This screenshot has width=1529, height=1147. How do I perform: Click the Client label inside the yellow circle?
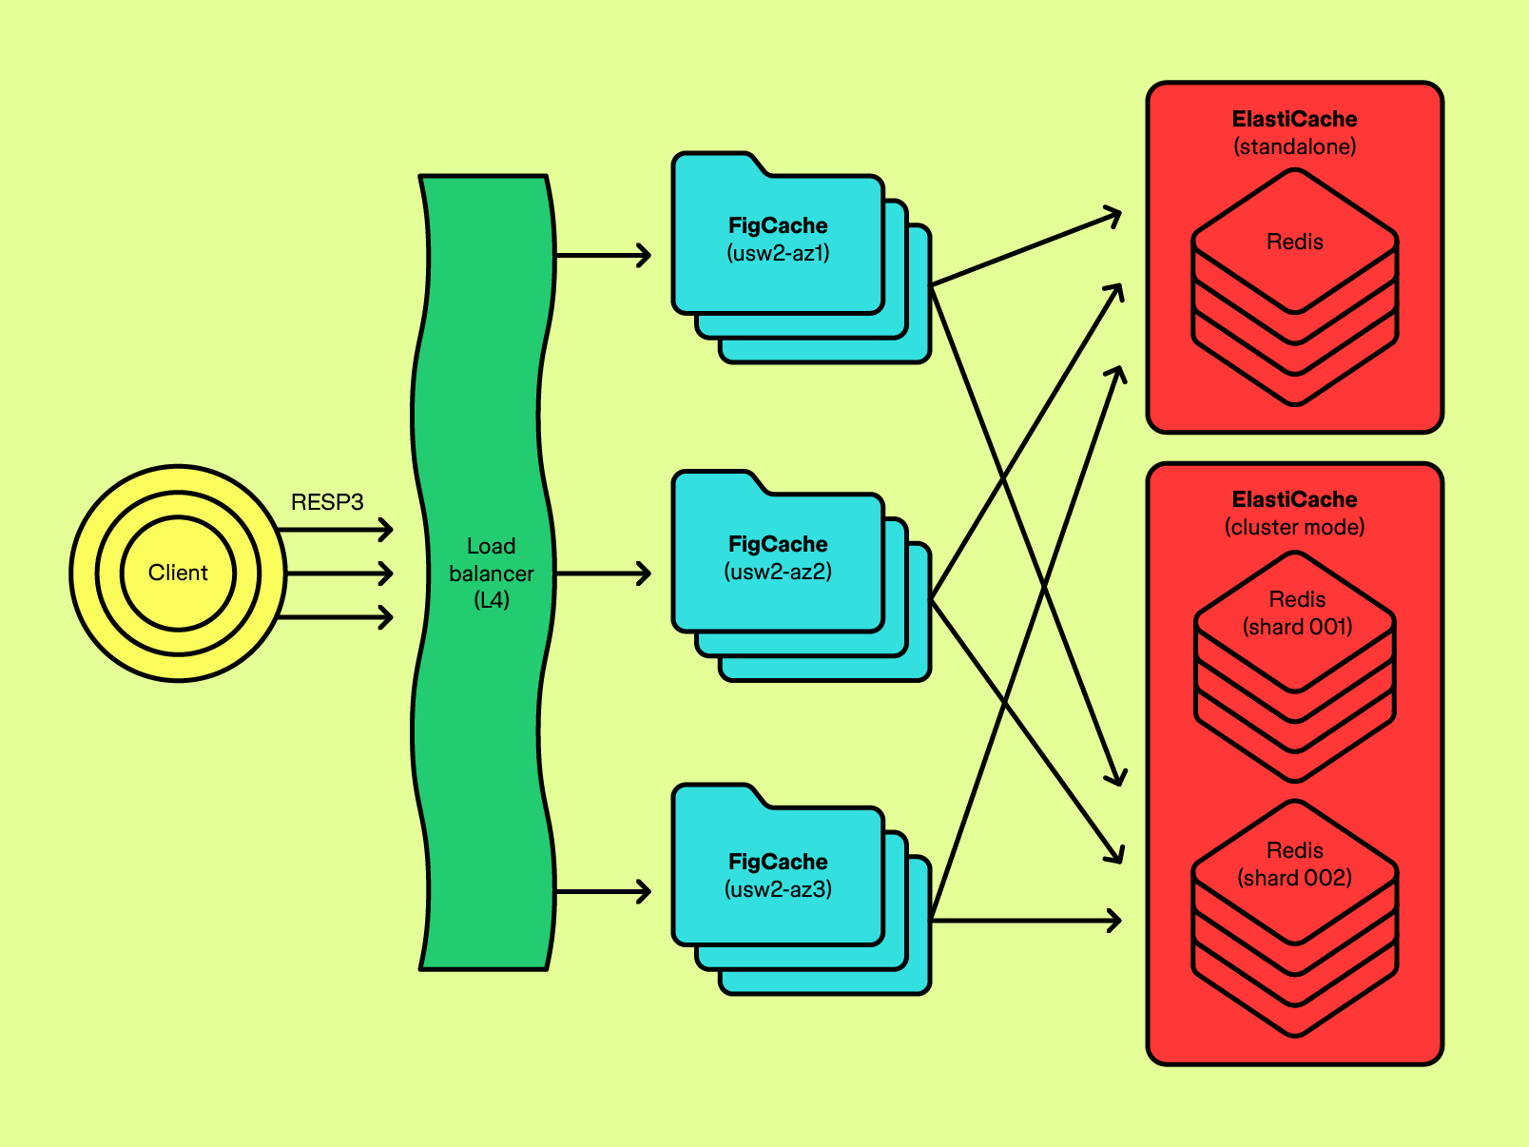[178, 573]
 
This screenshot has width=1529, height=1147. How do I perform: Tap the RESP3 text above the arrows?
[327, 502]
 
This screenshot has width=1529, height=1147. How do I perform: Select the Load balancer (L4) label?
[491, 573]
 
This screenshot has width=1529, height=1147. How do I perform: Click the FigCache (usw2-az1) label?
[778, 239]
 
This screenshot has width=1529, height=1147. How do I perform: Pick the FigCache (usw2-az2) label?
[778, 557]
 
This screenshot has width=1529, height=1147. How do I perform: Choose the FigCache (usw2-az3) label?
[778, 875]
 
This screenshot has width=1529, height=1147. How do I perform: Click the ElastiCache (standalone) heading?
[1294, 132]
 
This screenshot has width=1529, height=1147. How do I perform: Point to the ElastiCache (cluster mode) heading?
[1294, 513]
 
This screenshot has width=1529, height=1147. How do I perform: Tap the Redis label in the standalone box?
[1294, 242]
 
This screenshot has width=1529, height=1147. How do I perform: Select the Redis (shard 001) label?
[1297, 612]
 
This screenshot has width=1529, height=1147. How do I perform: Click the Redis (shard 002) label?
[1294, 864]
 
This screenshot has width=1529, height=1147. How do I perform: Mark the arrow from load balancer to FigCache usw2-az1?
[603, 255]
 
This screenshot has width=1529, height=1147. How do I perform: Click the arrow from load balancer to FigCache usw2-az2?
[603, 573]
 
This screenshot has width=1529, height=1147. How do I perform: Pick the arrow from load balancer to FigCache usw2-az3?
[603, 892]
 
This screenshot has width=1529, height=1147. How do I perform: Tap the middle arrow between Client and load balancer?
[339, 573]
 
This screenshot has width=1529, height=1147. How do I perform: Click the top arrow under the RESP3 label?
[339, 529]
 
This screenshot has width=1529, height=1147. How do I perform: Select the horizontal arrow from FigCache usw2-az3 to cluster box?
[1027, 920]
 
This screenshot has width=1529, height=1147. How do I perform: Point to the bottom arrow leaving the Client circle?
[339, 617]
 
